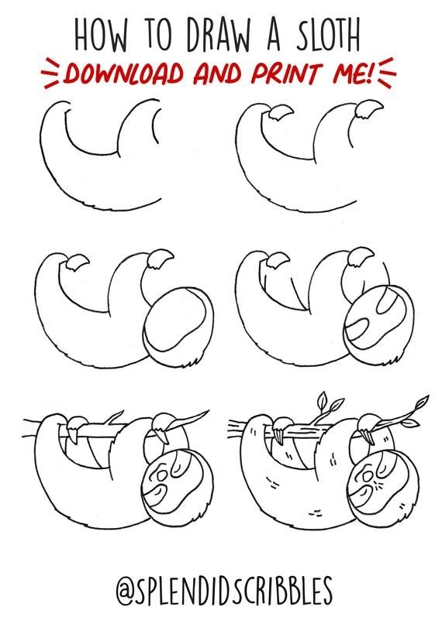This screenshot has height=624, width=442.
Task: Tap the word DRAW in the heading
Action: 219,35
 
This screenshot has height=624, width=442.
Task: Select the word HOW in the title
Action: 102,35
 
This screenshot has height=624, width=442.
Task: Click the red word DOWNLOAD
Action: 123,74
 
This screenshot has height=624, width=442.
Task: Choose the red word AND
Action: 217,74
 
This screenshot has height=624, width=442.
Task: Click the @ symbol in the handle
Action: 126,590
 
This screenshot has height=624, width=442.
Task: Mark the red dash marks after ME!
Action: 387,72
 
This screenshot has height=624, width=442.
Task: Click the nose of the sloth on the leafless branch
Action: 161,476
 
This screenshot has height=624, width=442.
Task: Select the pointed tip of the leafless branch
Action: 209,410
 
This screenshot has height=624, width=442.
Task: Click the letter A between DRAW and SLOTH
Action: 274,35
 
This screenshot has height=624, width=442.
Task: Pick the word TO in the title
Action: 158,35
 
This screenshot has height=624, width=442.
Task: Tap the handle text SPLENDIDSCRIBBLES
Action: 235,589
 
